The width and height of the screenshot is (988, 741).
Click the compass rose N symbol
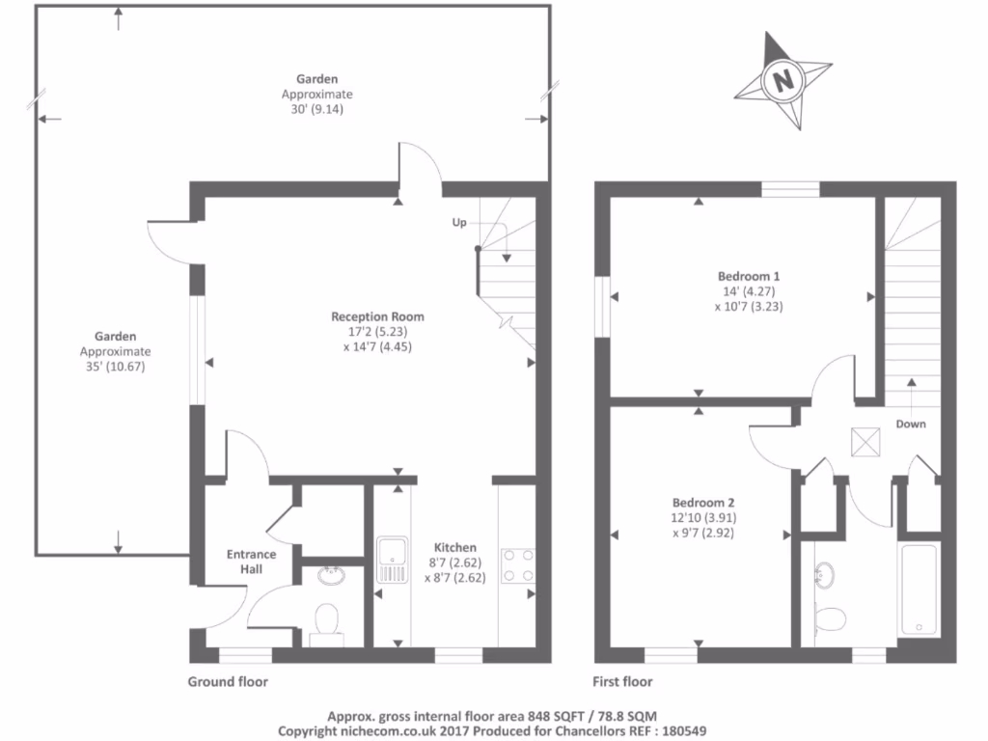tap(782, 80)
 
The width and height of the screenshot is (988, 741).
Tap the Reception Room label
tap(377, 316)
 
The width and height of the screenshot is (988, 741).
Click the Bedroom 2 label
tap(703, 502)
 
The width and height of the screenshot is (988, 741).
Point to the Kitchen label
tap(454, 547)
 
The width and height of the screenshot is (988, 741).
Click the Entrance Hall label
tap(251, 562)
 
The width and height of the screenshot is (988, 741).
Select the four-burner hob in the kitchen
tap(516, 565)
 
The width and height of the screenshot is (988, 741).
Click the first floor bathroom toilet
tap(829, 616)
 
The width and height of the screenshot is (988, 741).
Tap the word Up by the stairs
tap(459, 223)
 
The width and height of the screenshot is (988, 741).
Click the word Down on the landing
tap(911, 424)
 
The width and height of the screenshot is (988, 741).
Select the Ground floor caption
tap(228, 682)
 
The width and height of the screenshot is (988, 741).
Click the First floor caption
tap(623, 682)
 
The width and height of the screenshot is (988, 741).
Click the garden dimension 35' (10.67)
tap(115, 367)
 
